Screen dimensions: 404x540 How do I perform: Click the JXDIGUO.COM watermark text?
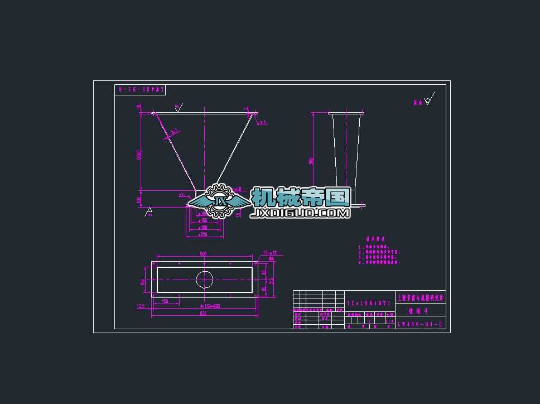coord(301,213)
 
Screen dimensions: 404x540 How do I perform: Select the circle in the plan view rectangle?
coord(204,279)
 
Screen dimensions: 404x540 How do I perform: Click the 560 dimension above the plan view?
coord(203,254)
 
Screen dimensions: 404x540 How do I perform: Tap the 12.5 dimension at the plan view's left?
coord(141,306)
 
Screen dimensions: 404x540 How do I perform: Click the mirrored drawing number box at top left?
coord(140,90)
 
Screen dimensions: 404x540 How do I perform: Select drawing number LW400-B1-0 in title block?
coord(420,324)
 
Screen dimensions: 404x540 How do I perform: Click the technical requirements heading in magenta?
coord(375,239)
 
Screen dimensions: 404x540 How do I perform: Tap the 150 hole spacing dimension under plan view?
coord(165,301)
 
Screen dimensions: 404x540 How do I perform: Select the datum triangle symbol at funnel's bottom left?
coord(148,212)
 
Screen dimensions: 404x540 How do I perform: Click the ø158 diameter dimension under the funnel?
coord(204,220)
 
